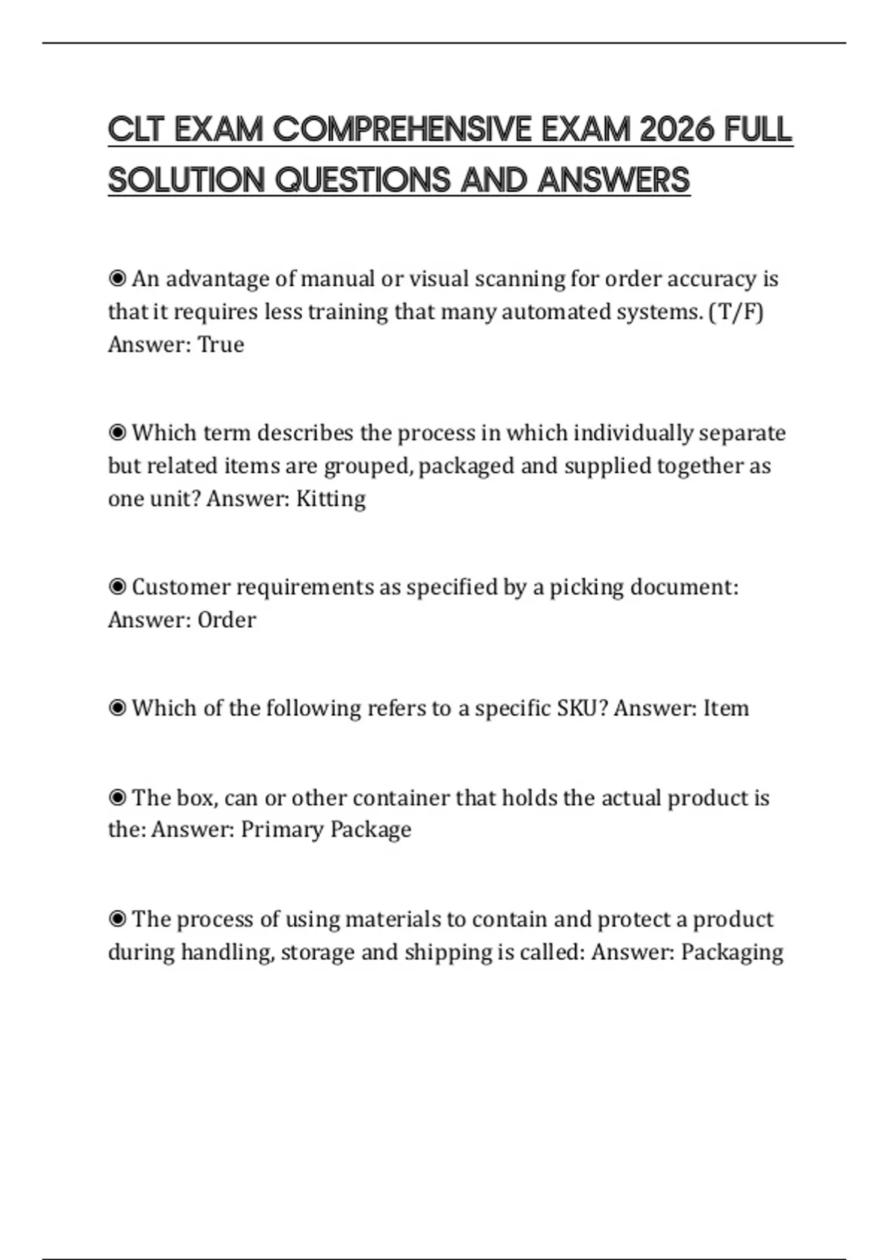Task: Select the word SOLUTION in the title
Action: (x=186, y=180)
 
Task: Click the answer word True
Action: (x=221, y=345)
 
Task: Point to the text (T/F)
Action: (x=736, y=312)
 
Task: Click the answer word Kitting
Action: (x=330, y=499)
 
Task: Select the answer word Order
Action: (x=227, y=620)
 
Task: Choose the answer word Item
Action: (x=725, y=709)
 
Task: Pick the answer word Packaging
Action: (x=732, y=952)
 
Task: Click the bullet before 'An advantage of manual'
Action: (x=117, y=279)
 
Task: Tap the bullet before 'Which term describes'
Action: (x=117, y=433)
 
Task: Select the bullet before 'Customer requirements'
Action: (x=117, y=587)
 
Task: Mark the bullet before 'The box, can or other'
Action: (x=117, y=798)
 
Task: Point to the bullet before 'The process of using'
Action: (x=117, y=919)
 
